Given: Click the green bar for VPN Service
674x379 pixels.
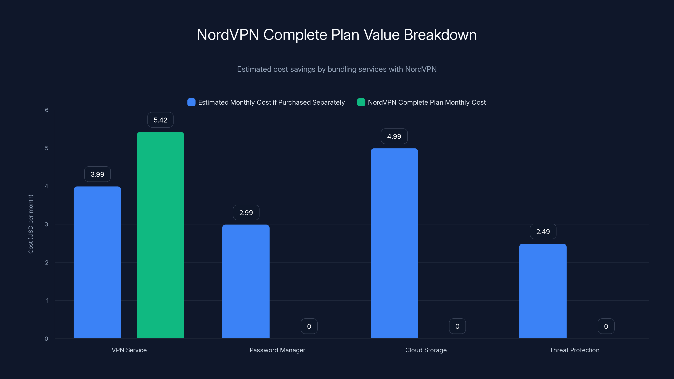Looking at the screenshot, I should [160, 235].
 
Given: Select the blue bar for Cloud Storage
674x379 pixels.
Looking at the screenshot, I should [394, 243].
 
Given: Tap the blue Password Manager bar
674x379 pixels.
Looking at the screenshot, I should [246, 281].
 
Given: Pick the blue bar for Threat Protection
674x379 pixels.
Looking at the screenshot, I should [543, 291].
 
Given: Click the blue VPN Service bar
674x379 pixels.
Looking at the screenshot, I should [97, 262].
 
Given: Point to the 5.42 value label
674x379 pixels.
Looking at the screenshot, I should [160, 120].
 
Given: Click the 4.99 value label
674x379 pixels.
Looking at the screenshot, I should [394, 136].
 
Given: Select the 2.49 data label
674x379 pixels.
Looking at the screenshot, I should [543, 231].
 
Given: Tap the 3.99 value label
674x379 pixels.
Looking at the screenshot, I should [97, 174].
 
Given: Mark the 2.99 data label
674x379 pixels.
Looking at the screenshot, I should [246, 213].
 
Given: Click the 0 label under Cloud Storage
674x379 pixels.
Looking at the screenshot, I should [457, 326].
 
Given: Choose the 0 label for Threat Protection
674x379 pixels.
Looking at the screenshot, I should [606, 326].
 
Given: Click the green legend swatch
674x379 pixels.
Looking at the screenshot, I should [361, 102].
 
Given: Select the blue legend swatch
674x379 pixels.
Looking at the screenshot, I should [191, 102].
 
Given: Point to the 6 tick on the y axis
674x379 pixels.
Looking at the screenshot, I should [47, 110].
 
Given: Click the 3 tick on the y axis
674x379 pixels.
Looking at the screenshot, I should [47, 224].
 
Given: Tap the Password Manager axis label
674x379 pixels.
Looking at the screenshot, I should [277, 350].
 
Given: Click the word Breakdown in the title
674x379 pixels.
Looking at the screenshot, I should [440, 35].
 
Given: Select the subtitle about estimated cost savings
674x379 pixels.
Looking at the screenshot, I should [337, 69].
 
